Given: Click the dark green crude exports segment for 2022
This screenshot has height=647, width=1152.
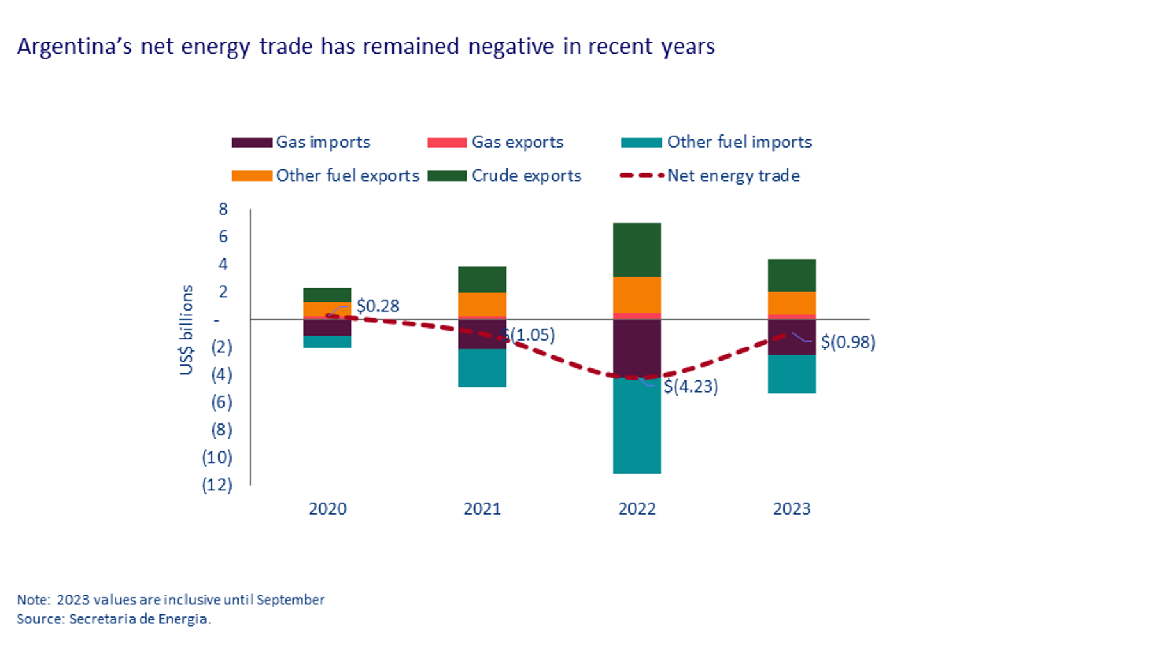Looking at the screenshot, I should (x=637, y=250).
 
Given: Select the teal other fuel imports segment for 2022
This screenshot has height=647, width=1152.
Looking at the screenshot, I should (x=637, y=426).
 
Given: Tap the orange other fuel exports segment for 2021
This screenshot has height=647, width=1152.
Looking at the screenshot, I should (x=482, y=304).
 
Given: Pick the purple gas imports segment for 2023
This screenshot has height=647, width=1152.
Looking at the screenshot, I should (x=792, y=338).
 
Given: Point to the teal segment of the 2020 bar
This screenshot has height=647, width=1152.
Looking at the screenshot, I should (x=327, y=341).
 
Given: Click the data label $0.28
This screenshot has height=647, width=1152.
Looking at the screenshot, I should (x=378, y=306).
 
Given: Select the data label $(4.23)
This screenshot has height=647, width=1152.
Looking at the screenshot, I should (x=691, y=387).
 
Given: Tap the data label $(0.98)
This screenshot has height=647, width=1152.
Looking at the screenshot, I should (x=848, y=342).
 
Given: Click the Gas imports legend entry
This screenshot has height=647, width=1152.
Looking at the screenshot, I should (x=323, y=142).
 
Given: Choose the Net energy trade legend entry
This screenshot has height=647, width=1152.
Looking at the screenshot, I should (x=733, y=176).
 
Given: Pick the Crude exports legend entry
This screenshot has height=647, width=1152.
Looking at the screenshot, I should (x=526, y=176).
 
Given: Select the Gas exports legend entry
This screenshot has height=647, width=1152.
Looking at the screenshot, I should (x=517, y=142).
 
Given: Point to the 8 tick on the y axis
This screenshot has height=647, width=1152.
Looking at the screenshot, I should (x=223, y=209).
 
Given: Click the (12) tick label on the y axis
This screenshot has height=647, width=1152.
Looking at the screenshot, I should (x=217, y=485).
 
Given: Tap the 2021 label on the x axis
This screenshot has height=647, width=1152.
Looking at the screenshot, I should (x=482, y=509).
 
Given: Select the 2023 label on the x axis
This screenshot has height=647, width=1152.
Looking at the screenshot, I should (x=792, y=509).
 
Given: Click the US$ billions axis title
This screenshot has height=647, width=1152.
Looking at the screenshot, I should (x=186, y=330).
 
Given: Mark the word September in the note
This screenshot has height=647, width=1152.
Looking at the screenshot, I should (x=291, y=600).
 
